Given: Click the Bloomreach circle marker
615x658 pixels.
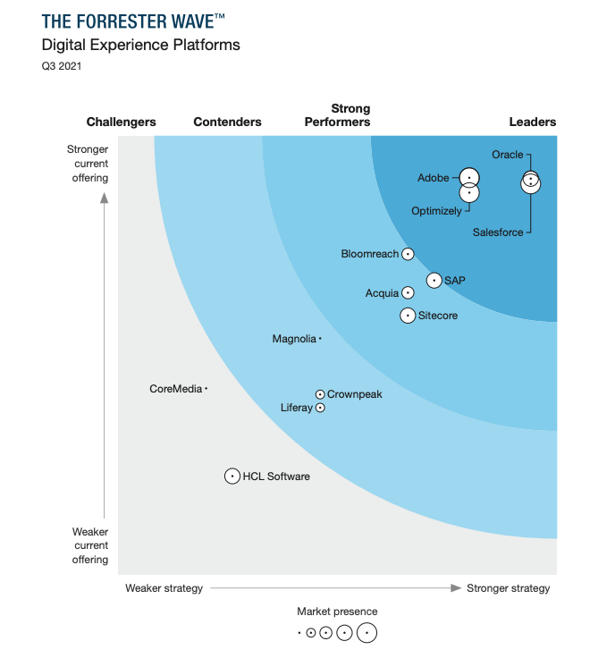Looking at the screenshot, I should point(408,254).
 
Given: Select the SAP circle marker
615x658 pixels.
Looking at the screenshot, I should point(434,281).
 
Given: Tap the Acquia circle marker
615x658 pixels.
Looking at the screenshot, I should point(408,292).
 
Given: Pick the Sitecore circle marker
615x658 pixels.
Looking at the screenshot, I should point(408,315).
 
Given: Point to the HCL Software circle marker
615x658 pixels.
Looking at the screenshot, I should point(232,477).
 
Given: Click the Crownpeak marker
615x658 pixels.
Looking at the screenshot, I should point(320,394).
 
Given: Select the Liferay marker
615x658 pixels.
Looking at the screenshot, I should point(320,408).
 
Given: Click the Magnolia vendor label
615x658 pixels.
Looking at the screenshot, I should point(294,339).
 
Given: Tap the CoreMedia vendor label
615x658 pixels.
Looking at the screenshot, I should point(175,389).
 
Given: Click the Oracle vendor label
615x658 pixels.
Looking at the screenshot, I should point(508,155).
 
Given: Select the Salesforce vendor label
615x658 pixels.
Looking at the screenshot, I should point(498,232).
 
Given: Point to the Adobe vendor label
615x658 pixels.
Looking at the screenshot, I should point(434,178).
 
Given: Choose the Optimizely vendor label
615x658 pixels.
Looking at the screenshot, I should point(437,211).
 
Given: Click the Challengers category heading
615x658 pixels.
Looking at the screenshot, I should point(121,122).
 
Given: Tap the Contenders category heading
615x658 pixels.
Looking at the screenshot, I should point(227,122).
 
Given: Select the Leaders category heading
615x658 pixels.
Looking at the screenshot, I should point(533,122).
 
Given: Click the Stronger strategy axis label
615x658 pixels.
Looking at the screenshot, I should point(509,588).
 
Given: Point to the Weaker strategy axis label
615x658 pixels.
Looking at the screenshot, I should point(164,588).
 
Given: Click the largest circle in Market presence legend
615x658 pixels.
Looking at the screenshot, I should point(366,633).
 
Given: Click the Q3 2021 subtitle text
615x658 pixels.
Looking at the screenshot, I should point(62,66).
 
